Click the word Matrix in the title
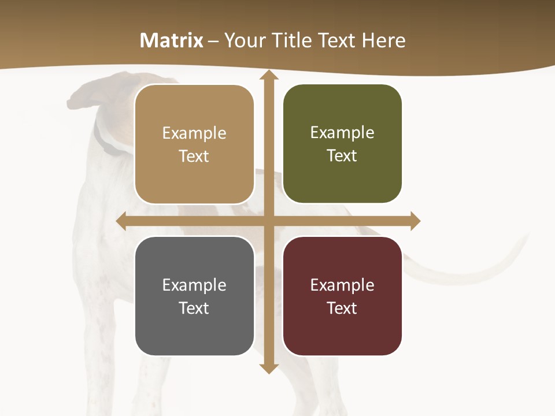[x=172, y=40]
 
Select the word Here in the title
[x=383, y=40]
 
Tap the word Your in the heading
[x=245, y=40]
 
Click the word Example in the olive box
[x=342, y=132]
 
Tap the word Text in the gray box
[x=194, y=308]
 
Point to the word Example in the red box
[x=342, y=285]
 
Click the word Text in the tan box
[x=194, y=156]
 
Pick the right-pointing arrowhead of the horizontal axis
[x=415, y=221]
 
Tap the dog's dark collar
[x=104, y=142]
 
